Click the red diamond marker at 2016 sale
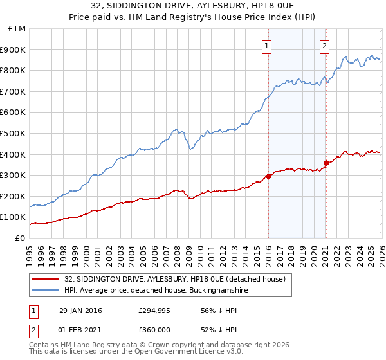coord(268,176)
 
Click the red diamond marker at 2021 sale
coord(326,163)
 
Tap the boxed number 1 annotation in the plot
coord(266,45)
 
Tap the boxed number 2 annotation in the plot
coord(325,45)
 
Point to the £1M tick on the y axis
coord(17,28)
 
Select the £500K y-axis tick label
coord(14,133)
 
